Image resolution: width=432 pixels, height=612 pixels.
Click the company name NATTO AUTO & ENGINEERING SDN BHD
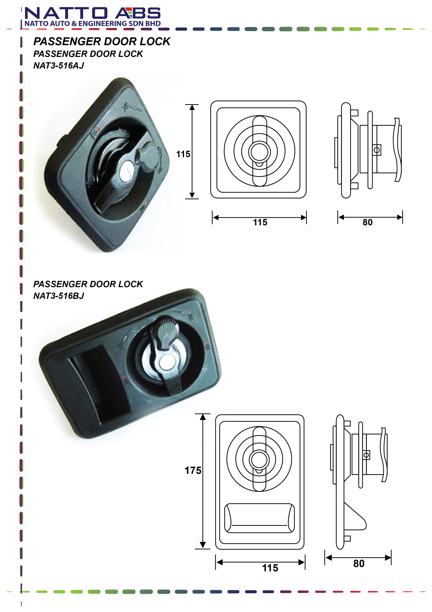[x=93, y=24]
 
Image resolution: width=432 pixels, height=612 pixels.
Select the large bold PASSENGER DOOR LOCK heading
[x=102, y=42]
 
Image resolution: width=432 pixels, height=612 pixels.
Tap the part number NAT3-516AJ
[x=59, y=66]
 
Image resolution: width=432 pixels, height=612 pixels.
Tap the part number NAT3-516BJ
[x=59, y=296]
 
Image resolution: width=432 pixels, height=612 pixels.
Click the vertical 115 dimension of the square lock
[x=183, y=154]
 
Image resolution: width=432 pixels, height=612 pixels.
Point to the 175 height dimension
[x=193, y=471]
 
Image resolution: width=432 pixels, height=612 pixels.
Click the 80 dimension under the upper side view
[x=368, y=222]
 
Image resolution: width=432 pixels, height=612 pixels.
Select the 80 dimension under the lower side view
[x=359, y=564]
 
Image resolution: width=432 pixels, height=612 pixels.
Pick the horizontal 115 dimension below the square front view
[x=260, y=222]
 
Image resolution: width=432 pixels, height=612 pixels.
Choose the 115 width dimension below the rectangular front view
[x=270, y=568]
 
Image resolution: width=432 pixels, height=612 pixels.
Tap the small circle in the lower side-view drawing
[x=367, y=455]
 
